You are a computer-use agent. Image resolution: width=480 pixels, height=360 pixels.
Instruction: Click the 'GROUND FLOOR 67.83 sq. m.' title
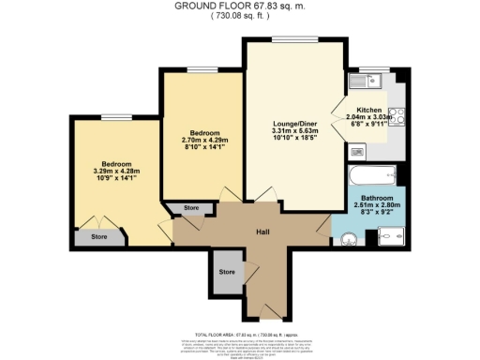coord(239,6)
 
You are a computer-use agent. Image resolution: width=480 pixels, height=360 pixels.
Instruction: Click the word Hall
coord(265,231)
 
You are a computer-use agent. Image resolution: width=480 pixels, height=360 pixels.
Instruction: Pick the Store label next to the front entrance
coord(227,271)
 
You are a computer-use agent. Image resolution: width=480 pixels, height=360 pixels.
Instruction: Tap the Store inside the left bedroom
coord(99,237)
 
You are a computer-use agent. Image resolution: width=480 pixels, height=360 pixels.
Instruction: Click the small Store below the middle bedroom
coord(191,208)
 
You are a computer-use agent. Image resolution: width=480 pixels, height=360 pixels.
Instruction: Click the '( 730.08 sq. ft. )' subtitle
coord(240,16)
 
